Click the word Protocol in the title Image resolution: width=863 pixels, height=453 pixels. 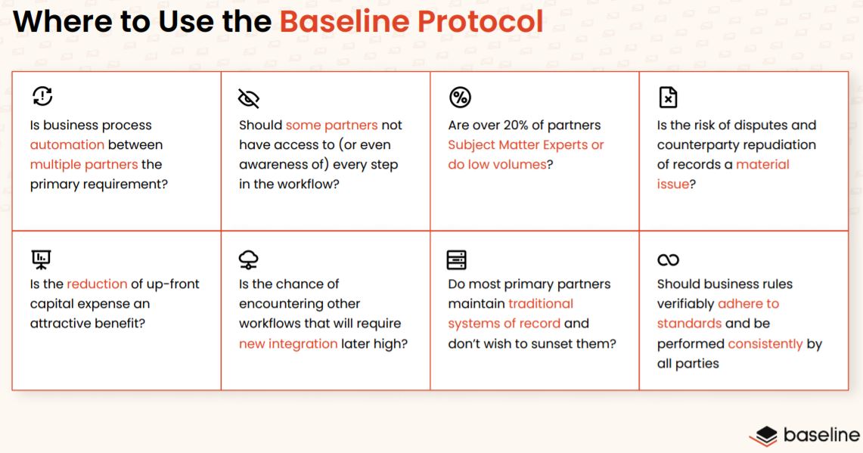[480, 22]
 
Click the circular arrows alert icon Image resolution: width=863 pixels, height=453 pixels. [42, 96]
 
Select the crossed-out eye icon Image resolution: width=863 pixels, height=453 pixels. [249, 98]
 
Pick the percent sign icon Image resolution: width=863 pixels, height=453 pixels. [459, 98]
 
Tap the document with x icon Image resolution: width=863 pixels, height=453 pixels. [668, 98]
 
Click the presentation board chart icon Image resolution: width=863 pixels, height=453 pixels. [42, 259]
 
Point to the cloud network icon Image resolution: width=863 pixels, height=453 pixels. [248, 259]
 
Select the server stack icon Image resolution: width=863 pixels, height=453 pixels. [457, 259]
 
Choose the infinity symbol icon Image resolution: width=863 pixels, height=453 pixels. [668, 260]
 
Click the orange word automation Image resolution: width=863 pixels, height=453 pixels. [67, 144]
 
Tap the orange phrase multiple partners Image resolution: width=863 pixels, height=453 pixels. [84, 164]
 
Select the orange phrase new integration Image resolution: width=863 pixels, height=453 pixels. [288, 343]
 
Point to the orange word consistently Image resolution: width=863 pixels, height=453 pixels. [765, 343]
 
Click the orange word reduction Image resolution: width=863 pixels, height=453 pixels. [97, 284]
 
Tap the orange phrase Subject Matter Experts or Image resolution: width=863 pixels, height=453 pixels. [526, 144]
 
